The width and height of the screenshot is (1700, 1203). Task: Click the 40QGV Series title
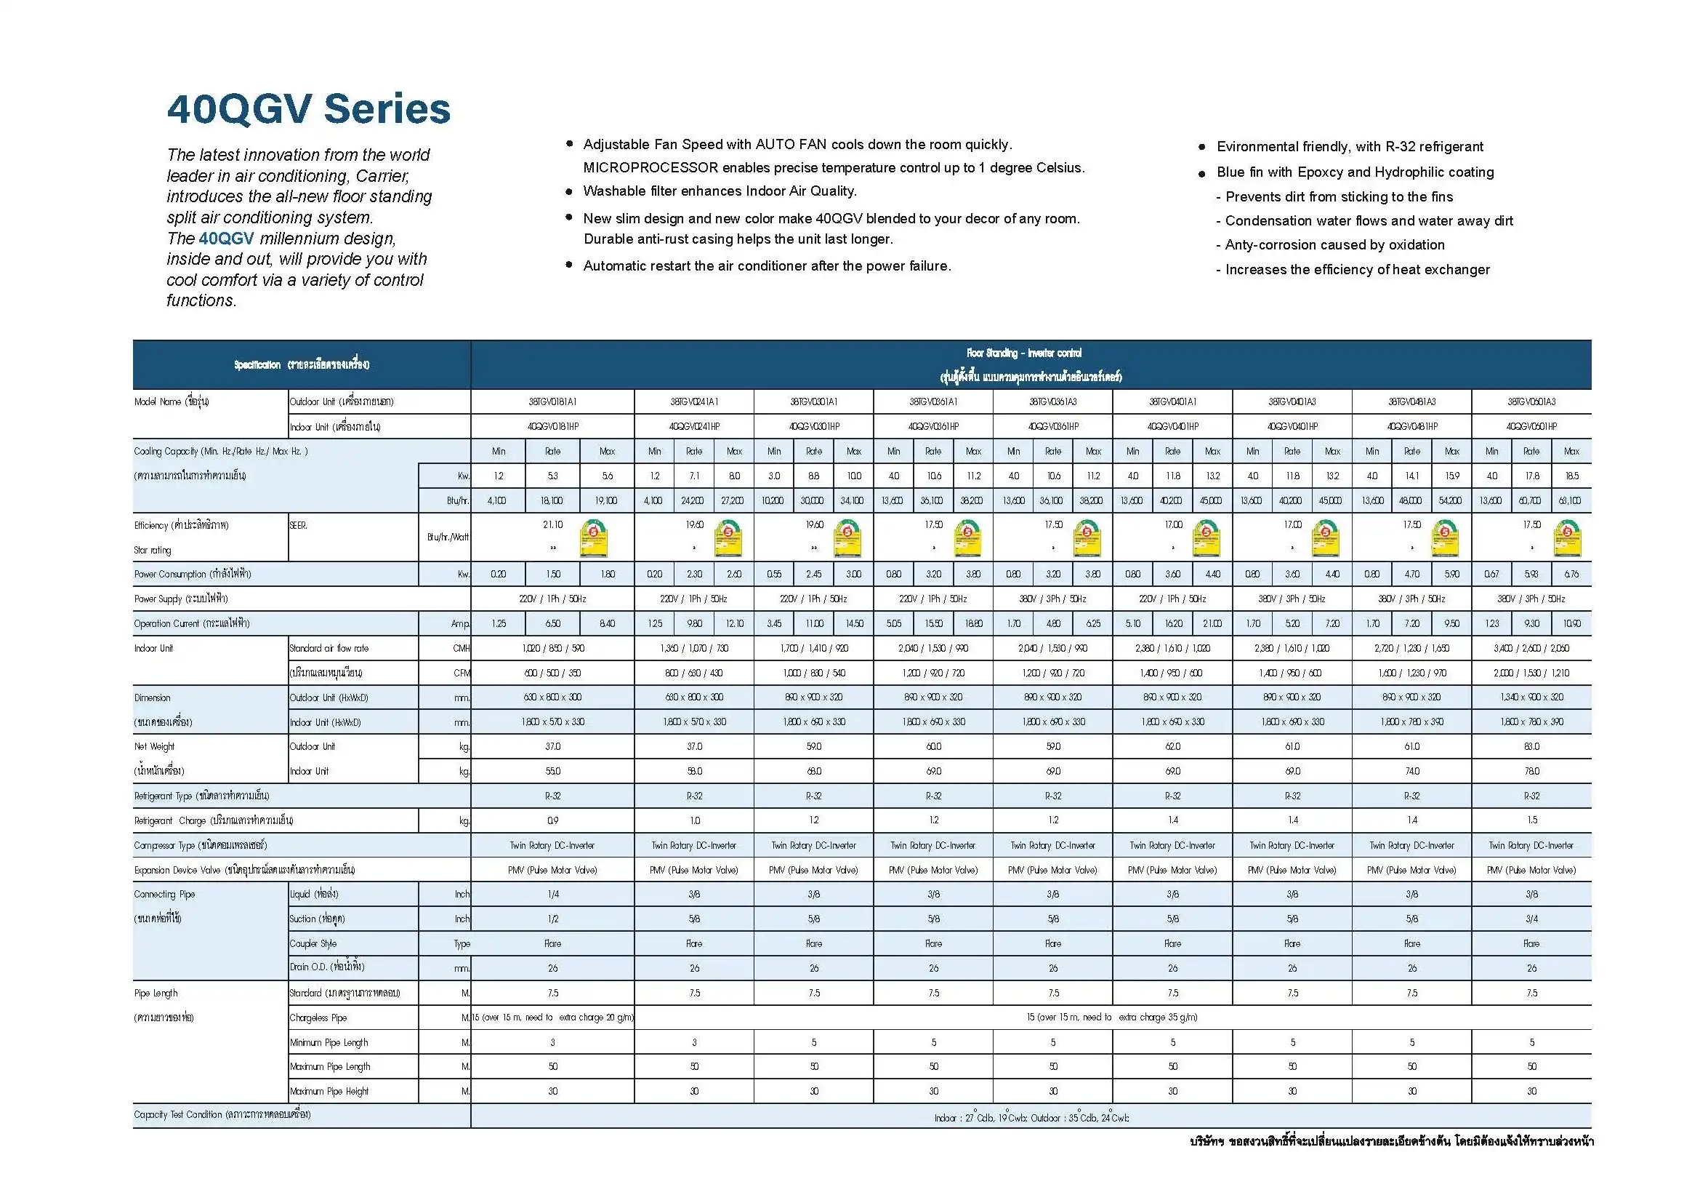coord(309,110)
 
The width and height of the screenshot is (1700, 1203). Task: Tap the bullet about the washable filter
coord(719,191)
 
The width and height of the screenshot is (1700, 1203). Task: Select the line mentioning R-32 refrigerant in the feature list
coord(1349,147)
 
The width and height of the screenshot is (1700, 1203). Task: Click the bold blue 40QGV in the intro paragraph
coord(227,239)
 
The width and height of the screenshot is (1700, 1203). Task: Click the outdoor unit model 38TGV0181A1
coord(552,401)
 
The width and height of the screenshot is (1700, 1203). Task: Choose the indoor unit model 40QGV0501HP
coord(1531,427)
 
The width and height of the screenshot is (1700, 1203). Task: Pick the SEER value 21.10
coord(552,524)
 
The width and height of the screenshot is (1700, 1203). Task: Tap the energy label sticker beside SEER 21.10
coord(594,537)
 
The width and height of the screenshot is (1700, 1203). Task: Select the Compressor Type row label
coord(201,845)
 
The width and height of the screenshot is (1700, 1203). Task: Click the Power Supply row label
coord(181,599)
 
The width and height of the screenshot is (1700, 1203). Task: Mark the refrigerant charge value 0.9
coord(552,820)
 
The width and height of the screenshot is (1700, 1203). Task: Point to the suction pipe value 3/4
coord(1531,919)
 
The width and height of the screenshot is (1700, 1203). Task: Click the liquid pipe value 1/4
coord(552,894)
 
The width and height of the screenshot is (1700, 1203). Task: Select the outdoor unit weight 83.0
coord(1531,747)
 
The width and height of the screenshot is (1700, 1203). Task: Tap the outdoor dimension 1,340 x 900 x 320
coord(1531,697)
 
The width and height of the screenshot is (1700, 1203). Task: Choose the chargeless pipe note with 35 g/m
coord(1111,1018)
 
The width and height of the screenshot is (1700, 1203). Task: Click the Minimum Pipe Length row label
coord(329,1042)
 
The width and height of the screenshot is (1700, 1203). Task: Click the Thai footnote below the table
coord(1390,1141)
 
